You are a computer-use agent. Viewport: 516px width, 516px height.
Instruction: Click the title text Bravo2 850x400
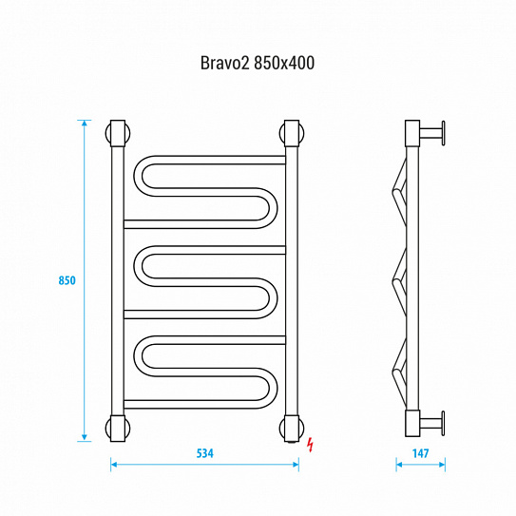(x=258, y=64)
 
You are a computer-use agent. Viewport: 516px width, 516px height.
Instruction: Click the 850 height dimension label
(x=67, y=280)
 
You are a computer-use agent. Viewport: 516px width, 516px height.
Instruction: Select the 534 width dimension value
(x=204, y=453)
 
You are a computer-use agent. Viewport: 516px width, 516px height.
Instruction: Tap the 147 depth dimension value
(x=420, y=453)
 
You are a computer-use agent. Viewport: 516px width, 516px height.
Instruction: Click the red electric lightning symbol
(x=313, y=442)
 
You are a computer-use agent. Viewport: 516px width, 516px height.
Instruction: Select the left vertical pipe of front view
(x=117, y=280)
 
